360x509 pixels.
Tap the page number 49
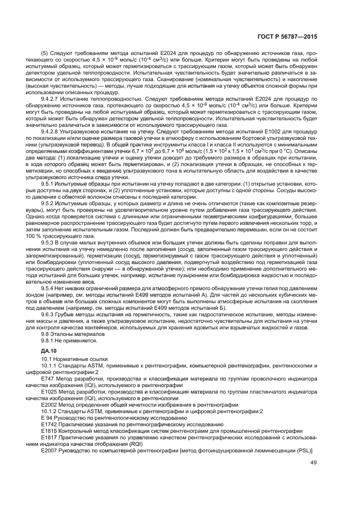click(314, 463)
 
